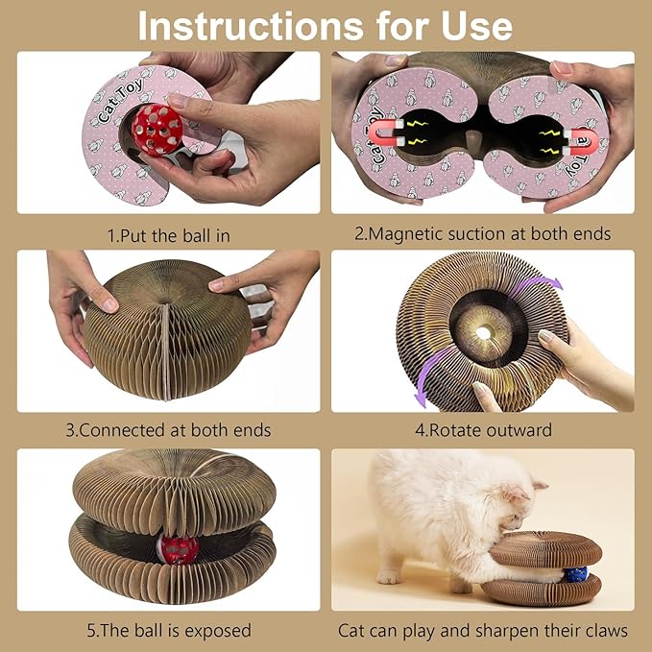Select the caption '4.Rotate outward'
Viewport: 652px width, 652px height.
tap(482, 430)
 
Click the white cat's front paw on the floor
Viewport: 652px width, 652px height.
tap(388, 575)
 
